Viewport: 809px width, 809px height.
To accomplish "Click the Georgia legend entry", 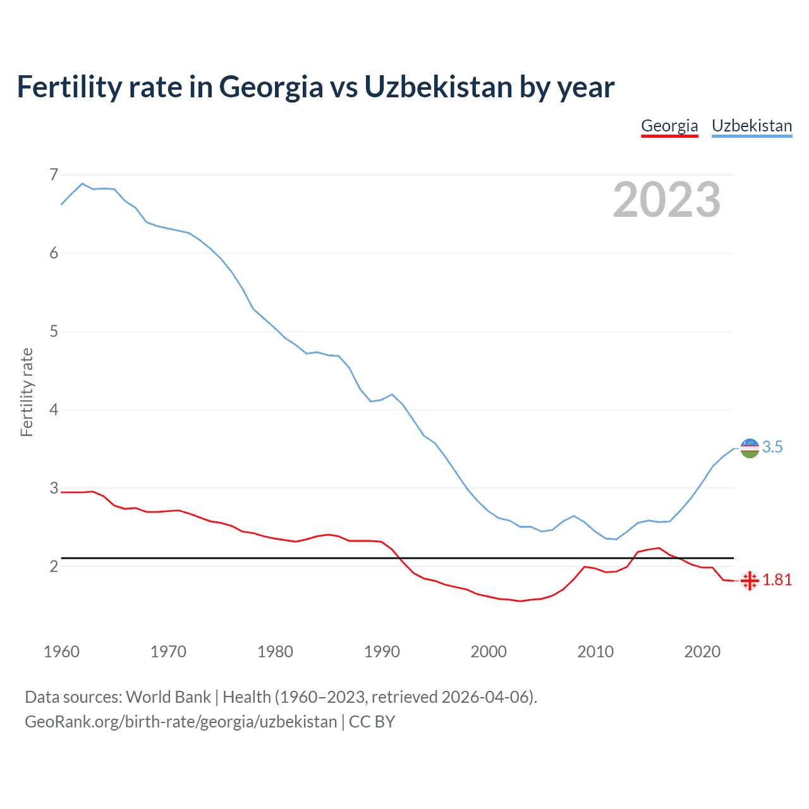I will pyautogui.click(x=669, y=126).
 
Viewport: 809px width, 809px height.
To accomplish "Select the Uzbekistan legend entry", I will pyautogui.click(x=751, y=126).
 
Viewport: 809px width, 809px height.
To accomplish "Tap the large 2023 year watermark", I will pyautogui.click(x=666, y=200).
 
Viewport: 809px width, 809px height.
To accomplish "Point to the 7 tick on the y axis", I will pyautogui.click(x=54, y=174).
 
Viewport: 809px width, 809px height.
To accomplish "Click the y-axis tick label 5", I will pyautogui.click(x=54, y=331).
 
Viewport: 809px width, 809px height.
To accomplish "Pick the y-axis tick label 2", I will pyautogui.click(x=54, y=566).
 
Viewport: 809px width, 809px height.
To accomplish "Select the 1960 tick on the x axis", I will pyautogui.click(x=61, y=652).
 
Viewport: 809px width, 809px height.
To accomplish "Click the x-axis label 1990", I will pyautogui.click(x=382, y=652).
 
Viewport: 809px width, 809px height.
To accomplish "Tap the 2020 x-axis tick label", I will pyautogui.click(x=702, y=652).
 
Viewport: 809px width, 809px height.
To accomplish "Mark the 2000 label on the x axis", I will pyautogui.click(x=489, y=652).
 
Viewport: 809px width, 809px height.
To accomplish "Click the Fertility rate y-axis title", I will pyautogui.click(x=27, y=392).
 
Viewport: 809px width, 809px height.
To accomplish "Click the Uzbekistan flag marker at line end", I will pyautogui.click(x=750, y=448).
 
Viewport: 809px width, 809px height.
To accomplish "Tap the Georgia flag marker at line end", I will pyautogui.click(x=750, y=580).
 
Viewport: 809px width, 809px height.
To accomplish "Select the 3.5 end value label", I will pyautogui.click(x=772, y=447).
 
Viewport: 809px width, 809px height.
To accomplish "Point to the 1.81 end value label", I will pyautogui.click(x=777, y=580).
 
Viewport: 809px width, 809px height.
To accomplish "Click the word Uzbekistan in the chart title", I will pyautogui.click(x=438, y=87).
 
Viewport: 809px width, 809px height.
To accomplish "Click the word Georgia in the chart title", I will pyautogui.click(x=271, y=87).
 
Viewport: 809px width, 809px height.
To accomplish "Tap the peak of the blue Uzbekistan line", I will pyautogui.click(x=82, y=183).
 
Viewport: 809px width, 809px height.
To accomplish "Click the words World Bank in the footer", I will pyautogui.click(x=168, y=697).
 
